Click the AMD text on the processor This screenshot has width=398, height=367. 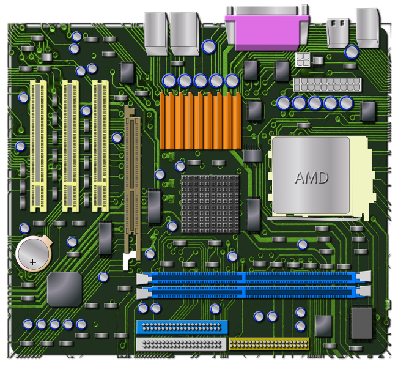click(311, 178)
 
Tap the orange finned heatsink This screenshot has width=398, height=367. click(200, 121)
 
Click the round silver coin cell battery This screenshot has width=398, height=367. click(33, 253)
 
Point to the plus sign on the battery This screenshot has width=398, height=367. click(33, 262)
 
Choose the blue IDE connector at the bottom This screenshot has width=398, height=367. click(182, 327)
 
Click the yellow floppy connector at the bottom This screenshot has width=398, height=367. click(269, 344)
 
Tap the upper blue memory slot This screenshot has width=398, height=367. click(254, 278)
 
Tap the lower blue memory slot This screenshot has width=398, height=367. click(254, 292)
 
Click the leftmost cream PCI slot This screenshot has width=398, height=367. click(38, 144)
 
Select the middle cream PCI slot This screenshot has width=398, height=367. click(70, 144)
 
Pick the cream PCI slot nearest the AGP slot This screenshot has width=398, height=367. click(100, 144)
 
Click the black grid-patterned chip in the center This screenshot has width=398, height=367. click(210, 204)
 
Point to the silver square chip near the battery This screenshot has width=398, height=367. click(64, 289)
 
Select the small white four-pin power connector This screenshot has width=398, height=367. click(303, 60)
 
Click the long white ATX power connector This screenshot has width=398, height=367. click(318, 84)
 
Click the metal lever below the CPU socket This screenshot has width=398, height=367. click(312, 218)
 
